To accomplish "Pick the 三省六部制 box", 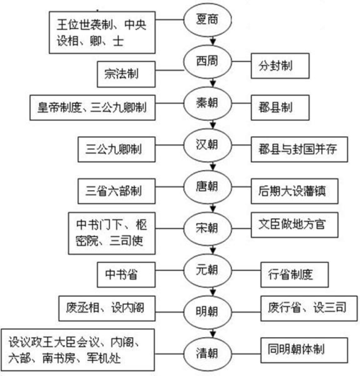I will coord(119,191).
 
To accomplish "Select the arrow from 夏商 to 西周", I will coord(208,42).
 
